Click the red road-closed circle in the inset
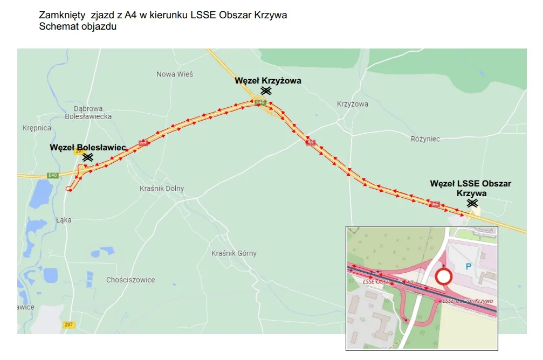pos(443,278)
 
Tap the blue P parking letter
pos(468,266)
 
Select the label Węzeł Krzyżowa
pos(267,81)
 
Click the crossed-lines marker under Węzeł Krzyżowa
pos(265,91)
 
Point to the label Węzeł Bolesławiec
pos(87,147)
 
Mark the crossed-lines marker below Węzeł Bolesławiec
pos(87,157)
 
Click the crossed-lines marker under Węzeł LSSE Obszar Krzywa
pos(472,203)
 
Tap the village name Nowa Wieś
pos(174,74)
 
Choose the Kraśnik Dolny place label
pos(161,189)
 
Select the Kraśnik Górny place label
pos(233,253)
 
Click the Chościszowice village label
pos(130,280)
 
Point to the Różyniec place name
pos(425,139)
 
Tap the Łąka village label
pos(63,219)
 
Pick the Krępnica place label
pos(37,128)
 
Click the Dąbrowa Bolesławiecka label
pos(88,112)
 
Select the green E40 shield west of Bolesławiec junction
pos(52,175)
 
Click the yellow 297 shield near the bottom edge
pos(68,325)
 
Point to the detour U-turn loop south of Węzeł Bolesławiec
pos(68,188)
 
